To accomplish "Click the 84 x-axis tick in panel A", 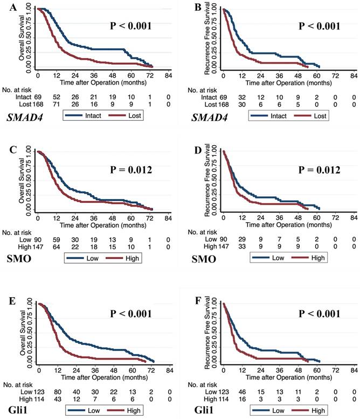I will click(169, 74).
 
